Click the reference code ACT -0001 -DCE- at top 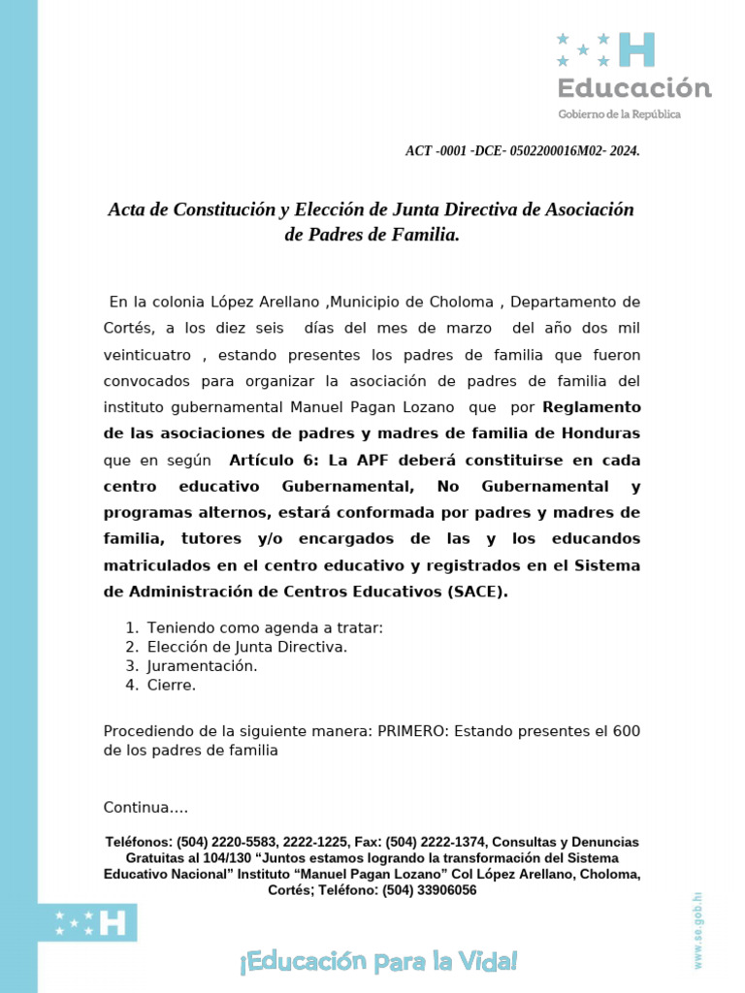[522, 151]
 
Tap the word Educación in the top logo [633, 88]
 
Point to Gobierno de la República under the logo [619, 114]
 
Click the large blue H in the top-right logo [636, 49]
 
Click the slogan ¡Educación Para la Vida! [377, 962]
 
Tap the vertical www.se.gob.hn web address [697, 929]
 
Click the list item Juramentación [202, 666]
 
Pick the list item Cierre [172, 686]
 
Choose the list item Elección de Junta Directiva [246, 647]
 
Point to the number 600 [627, 730]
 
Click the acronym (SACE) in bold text [477, 592]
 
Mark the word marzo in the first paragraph [469, 329]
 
